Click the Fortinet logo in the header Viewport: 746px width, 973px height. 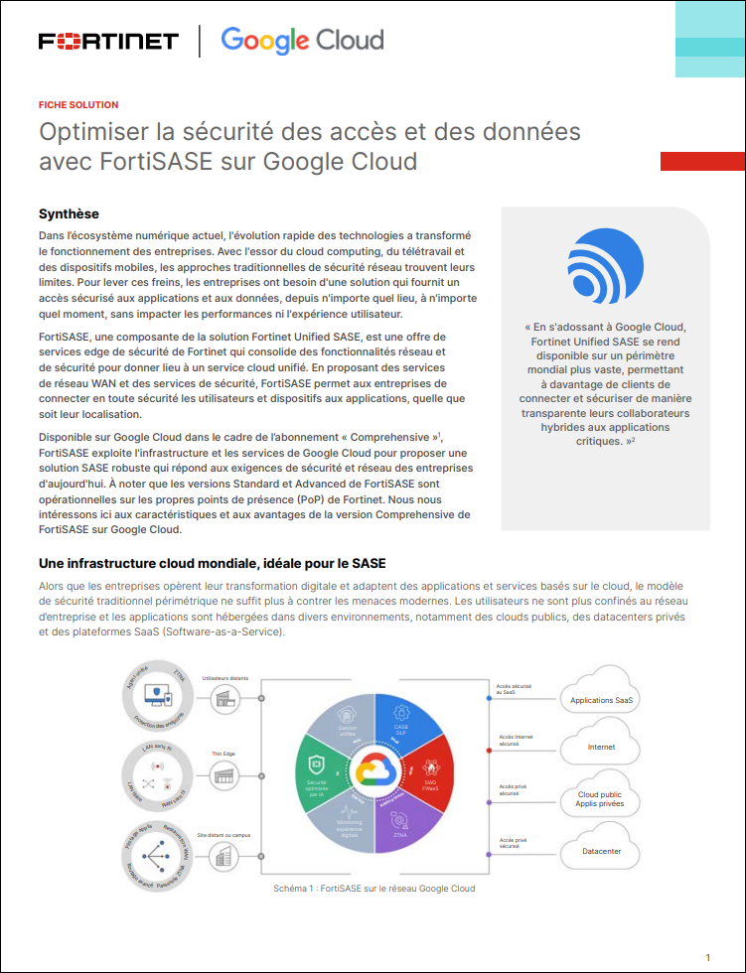[x=108, y=41]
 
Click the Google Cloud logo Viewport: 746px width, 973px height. [x=302, y=41]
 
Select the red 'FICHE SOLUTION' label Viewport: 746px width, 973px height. [x=78, y=104]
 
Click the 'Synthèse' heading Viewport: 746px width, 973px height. [x=69, y=213]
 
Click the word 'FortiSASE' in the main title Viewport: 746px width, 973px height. [x=156, y=161]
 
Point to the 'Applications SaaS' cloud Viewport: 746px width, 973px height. [x=602, y=699]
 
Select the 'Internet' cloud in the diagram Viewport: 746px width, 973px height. [x=602, y=747]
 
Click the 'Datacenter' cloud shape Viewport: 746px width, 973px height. [x=602, y=851]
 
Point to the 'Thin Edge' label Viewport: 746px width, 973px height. [x=223, y=754]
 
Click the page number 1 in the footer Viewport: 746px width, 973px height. [x=707, y=957]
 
